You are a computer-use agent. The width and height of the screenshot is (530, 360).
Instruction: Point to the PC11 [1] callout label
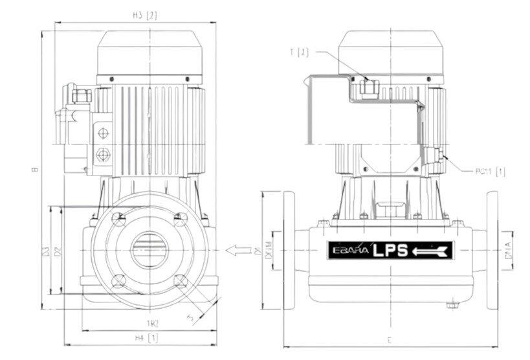(x=490, y=172)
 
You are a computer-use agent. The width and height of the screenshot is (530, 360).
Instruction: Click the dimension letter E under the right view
(x=388, y=339)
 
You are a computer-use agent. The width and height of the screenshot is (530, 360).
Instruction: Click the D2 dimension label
(x=58, y=249)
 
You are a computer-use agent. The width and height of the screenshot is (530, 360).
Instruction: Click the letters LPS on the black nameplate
(x=390, y=251)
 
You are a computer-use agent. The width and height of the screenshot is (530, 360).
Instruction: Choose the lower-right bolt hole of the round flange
(x=181, y=281)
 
